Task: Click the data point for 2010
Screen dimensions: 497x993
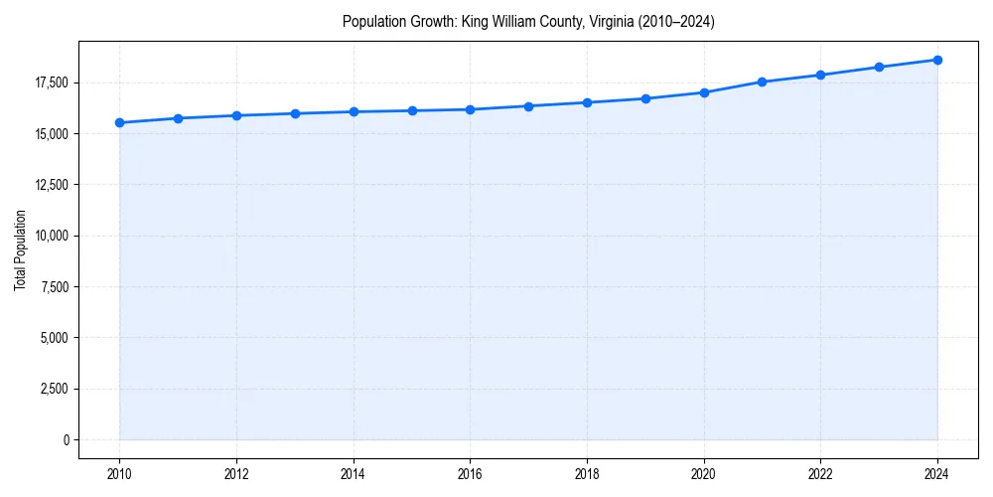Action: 119,122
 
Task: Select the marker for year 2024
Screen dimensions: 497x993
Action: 937,60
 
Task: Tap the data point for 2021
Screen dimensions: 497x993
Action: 762,82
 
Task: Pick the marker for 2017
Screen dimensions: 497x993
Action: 528,106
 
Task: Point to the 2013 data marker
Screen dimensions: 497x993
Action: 295,113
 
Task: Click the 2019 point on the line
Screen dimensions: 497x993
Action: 645,98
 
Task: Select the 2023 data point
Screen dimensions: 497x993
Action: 879,67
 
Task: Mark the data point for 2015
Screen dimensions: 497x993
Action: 412,110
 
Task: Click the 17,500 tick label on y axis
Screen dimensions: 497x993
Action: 51,83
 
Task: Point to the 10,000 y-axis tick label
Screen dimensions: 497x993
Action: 51,236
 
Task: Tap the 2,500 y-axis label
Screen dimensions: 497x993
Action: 54,389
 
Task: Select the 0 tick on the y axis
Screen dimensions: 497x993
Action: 67,439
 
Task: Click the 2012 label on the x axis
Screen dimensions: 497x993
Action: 236,473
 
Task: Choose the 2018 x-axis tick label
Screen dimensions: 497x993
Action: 587,473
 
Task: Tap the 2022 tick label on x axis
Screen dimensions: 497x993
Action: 820,473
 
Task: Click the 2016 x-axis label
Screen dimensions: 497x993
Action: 470,473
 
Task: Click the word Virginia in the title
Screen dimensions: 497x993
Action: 587,21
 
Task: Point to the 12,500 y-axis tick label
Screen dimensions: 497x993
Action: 51,185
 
